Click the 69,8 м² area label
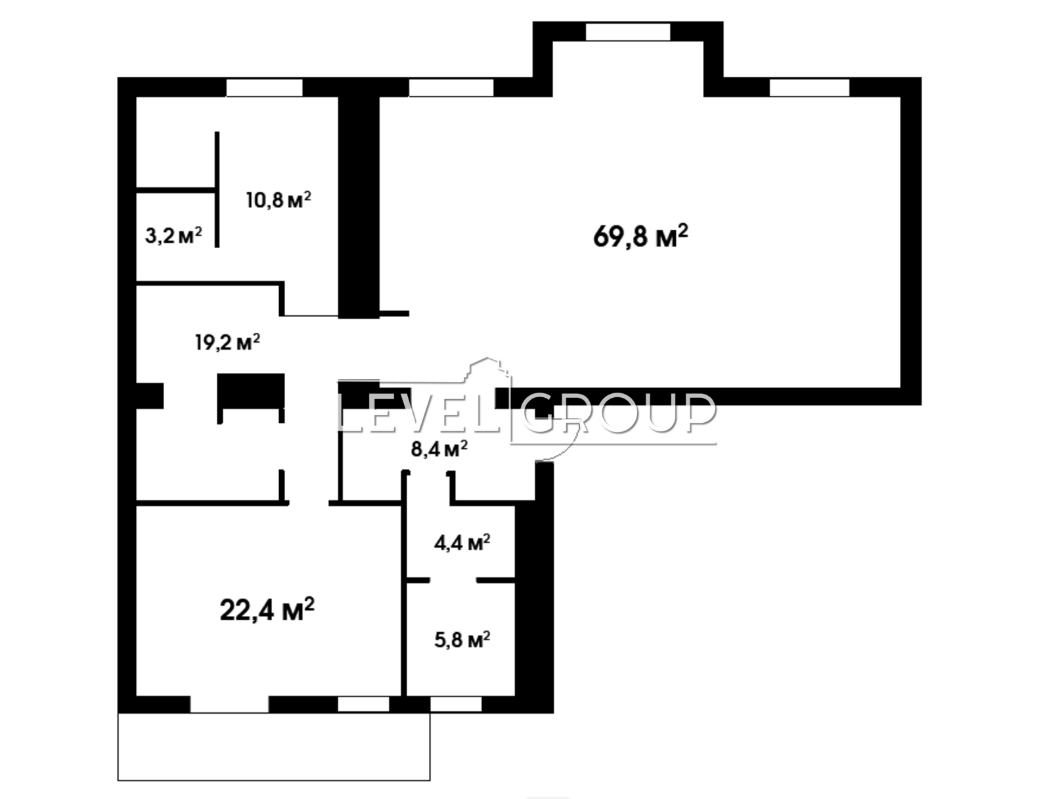pos(640,236)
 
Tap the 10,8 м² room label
pos(279,200)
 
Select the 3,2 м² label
pos(173,236)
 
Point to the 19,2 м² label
pos(227,342)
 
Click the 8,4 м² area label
pos(439,449)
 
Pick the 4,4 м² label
pos(462,542)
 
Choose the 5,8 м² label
pos(462,639)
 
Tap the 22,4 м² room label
pos(267,609)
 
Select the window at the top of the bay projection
pos(628,32)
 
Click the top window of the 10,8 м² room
pos(264,88)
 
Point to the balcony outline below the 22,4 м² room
pos(274,747)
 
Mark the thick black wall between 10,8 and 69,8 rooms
pos(359,207)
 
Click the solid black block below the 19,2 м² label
pos(251,391)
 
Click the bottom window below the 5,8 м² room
pos(456,704)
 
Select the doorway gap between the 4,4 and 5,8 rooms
pos(453,580)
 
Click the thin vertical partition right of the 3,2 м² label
pos(217,190)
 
